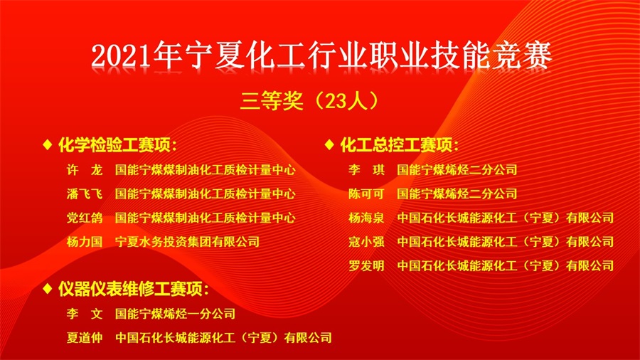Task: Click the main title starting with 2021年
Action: coord(321,55)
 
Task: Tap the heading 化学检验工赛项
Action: coord(117,145)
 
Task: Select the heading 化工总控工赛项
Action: coord(399,145)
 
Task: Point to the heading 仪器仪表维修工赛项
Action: coord(134,289)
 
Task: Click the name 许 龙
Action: coord(85,169)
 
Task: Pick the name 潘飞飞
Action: coord(85,194)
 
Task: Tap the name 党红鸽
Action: coord(85,218)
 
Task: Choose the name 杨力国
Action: coord(85,242)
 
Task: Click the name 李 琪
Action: coord(366,169)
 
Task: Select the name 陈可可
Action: coord(366,194)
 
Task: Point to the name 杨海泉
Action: coord(366,218)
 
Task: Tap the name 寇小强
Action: coord(366,242)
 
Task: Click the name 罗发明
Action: coord(366,265)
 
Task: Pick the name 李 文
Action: coord(85,314)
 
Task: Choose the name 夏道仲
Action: coord(85,337)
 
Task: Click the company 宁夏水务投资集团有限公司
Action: coord(187,242)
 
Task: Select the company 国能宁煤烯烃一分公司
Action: coord(175,314)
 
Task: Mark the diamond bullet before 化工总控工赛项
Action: coord(329,144)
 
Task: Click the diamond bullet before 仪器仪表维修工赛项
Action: coord(48,289)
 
